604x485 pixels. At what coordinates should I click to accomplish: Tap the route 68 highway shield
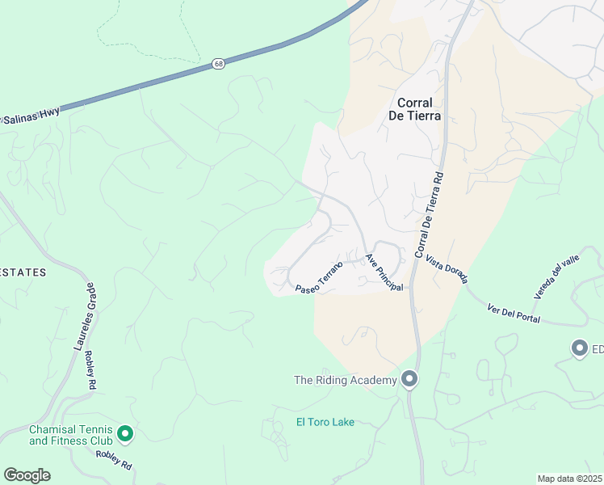219,64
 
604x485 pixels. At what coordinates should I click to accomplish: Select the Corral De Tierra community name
419,109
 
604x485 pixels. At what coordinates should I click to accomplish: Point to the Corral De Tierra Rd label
430,216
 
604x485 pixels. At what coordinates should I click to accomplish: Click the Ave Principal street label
384,273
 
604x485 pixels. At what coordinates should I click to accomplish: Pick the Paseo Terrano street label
319,276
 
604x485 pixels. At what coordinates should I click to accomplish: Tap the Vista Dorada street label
447,271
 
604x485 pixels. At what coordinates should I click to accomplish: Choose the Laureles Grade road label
85,317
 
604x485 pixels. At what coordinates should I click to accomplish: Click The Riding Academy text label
345,380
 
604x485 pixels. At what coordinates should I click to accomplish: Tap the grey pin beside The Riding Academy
409,379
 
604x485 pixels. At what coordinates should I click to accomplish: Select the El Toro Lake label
325,422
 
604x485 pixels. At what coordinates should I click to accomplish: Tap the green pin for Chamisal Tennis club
125,434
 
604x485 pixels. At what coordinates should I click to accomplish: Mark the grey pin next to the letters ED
579,348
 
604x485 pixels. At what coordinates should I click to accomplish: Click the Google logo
27,475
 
